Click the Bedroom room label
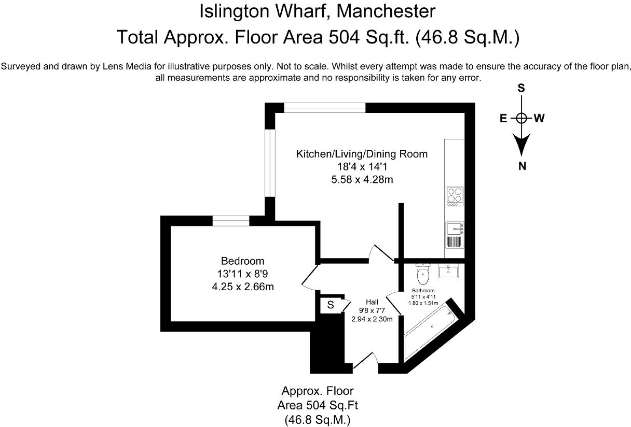242,261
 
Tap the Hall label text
372,302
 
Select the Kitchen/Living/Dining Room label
362,154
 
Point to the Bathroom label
423,291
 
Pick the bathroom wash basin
447,271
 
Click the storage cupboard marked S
330,306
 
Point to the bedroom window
231,221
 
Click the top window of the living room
324,107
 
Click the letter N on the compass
522,166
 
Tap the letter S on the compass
522,89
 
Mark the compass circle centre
522,118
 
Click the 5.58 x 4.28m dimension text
362,180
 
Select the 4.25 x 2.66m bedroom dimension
242,286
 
